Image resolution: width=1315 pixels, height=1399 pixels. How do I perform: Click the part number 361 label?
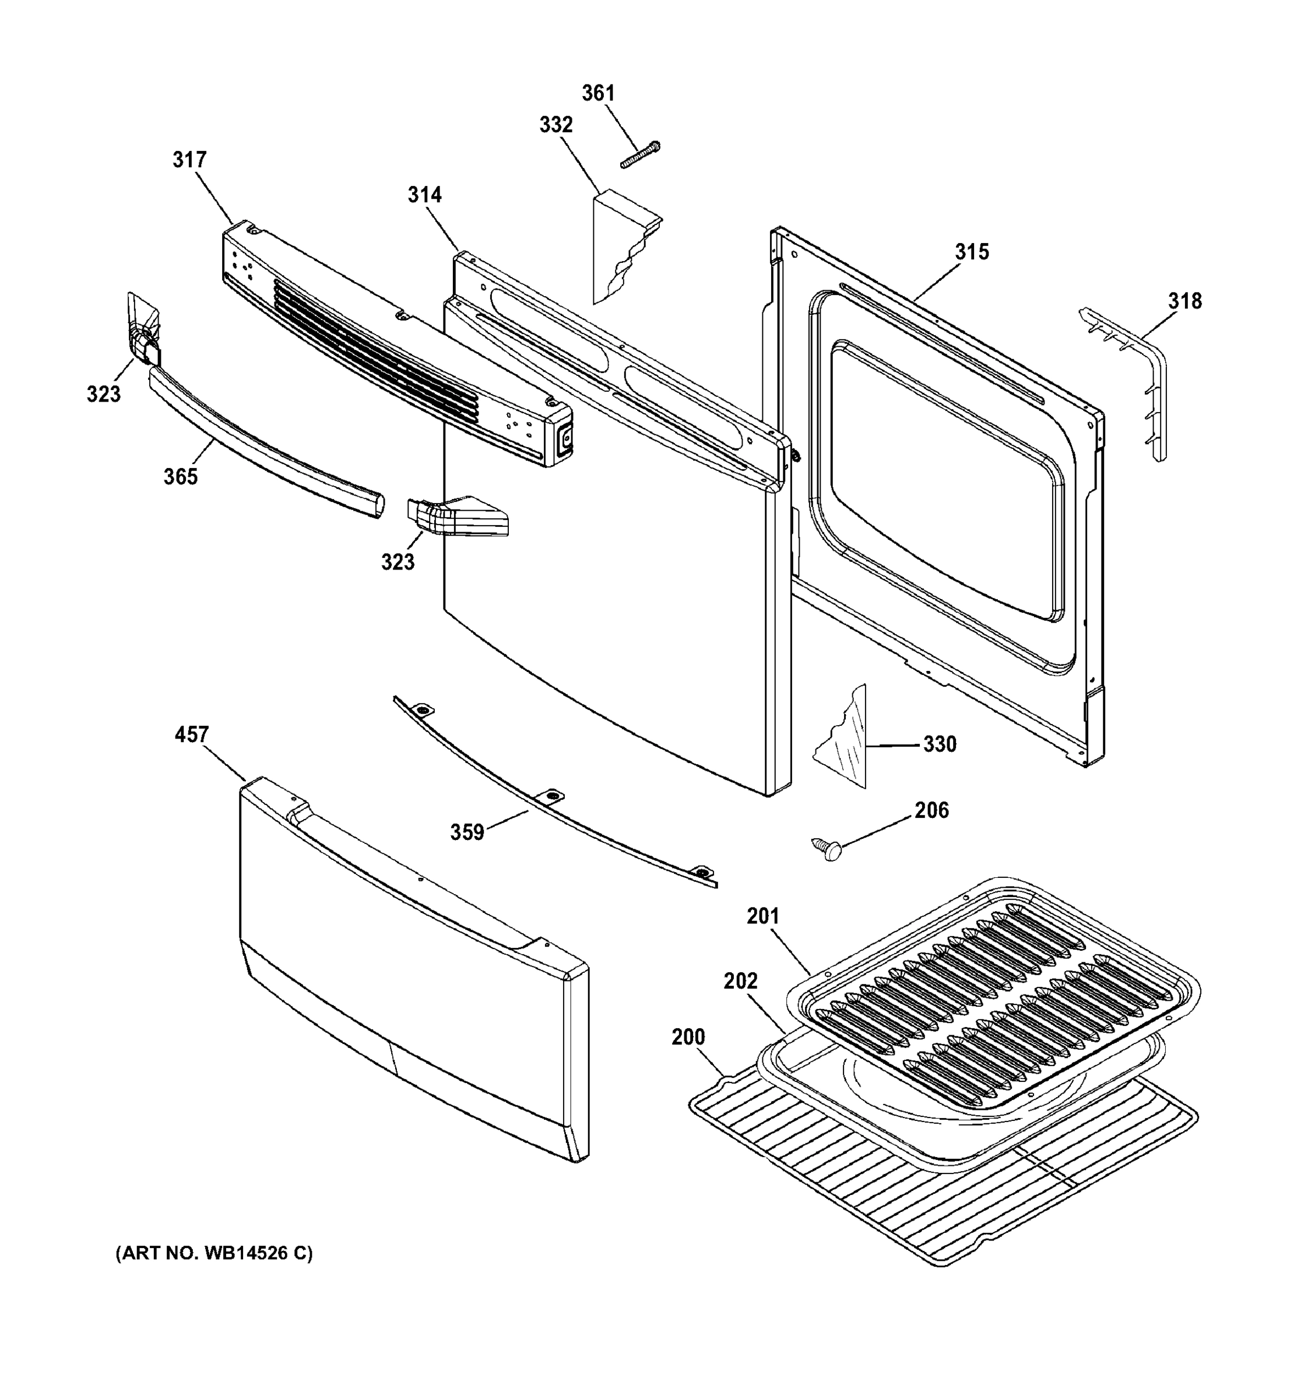(x=598, y=93)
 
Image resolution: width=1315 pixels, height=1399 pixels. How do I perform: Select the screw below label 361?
(x=639, y=155)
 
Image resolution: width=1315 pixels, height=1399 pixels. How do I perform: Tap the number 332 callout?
(x=556, y=125)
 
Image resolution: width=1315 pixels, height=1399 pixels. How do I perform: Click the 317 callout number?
(x=189, y=160)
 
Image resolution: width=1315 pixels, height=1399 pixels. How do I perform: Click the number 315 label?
(x=972, y=251)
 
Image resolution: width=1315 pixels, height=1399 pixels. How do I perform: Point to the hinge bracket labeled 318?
(x=1133, y=380)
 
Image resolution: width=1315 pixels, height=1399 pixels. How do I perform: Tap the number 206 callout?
(x=931, y=810)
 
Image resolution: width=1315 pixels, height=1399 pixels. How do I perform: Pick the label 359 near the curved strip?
(x=467, y=832)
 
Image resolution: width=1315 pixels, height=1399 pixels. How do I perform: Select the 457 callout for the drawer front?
(x=191, y=734)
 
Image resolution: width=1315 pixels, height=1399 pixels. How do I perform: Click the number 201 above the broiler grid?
(x=764, y=916)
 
